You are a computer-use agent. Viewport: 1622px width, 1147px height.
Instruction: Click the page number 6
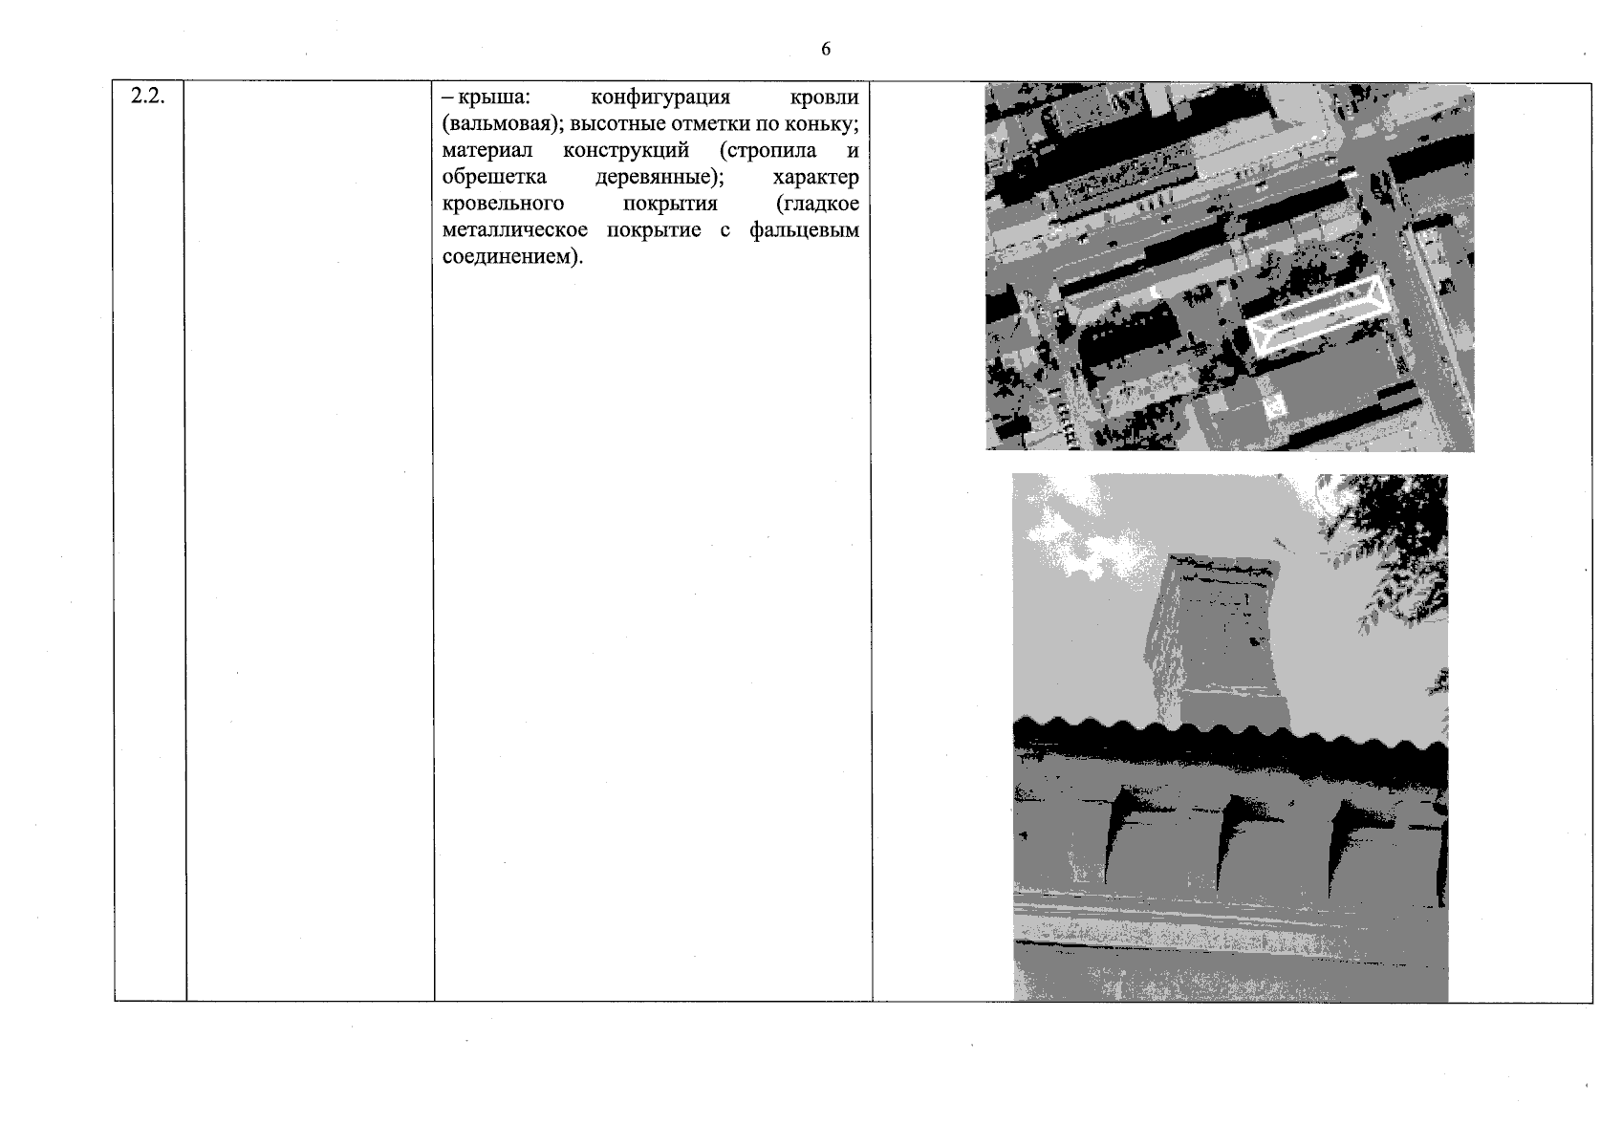click(x=826, y=50)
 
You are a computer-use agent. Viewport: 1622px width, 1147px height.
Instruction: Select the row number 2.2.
click(x=148, y=96)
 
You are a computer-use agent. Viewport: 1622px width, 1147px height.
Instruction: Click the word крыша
click(x=494, y=97)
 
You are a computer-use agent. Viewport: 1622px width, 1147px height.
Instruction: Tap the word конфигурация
click(x=660, y=98)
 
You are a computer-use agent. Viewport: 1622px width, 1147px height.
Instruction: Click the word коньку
click(x=822, y=124)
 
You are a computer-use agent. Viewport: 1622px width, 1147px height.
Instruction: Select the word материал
click(x=487, y=151)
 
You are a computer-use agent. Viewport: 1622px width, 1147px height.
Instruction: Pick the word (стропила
click(x=768, y=151)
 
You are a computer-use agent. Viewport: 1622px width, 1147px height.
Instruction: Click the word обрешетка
click(x=494, y=177)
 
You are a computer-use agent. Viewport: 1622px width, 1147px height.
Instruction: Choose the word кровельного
click(x=503, y=204)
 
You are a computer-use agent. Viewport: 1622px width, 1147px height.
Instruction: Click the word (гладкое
click(x=817, y=204)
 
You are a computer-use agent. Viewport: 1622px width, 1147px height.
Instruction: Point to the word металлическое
click(x=515, y=230)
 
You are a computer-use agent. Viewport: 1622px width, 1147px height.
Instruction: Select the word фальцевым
click(x=805, y=230)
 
